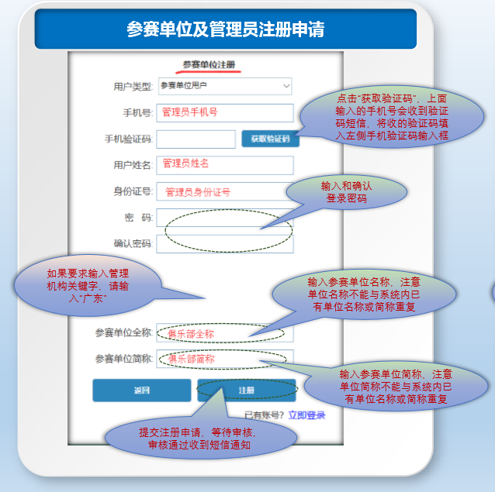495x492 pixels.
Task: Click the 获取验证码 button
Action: click(270, 139)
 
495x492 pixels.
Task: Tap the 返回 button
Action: click(142, 391)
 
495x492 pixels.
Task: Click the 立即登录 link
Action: click(306, 415)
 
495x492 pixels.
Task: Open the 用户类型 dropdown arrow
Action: click(286, 86)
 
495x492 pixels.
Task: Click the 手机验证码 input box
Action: click(196, 139)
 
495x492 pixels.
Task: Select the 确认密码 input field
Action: click(225, 244)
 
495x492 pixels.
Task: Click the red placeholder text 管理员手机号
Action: click(190, 112)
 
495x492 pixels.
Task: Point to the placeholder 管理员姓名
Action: click(185, 163)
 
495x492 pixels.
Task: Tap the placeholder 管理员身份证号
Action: click(198, 192)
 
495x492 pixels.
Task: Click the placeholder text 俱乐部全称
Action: click(191, 334)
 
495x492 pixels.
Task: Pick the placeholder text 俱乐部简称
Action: click(192, 359)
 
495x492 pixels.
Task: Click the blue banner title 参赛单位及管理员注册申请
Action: click(226, 29)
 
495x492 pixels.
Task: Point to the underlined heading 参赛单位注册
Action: click(209, 64)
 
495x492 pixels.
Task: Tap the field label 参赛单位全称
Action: click(124, 333)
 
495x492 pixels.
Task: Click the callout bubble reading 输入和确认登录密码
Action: click(347, 192)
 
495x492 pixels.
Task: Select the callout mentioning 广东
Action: click(88, 286)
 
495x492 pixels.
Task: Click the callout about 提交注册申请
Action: click(201, 439)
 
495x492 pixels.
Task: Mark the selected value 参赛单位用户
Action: click(184, 85)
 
